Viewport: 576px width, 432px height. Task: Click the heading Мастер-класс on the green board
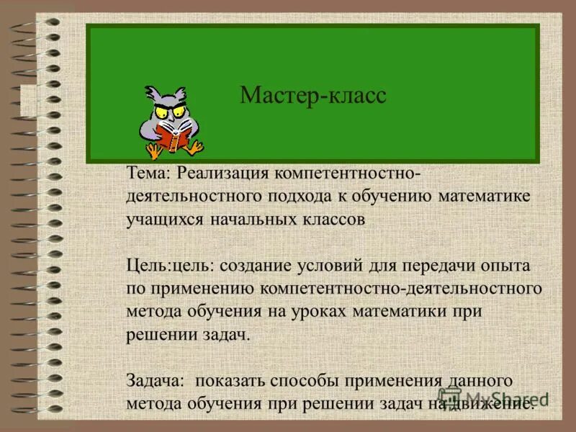tap(312, 95)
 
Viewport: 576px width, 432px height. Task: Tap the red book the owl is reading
tap(175, 136)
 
